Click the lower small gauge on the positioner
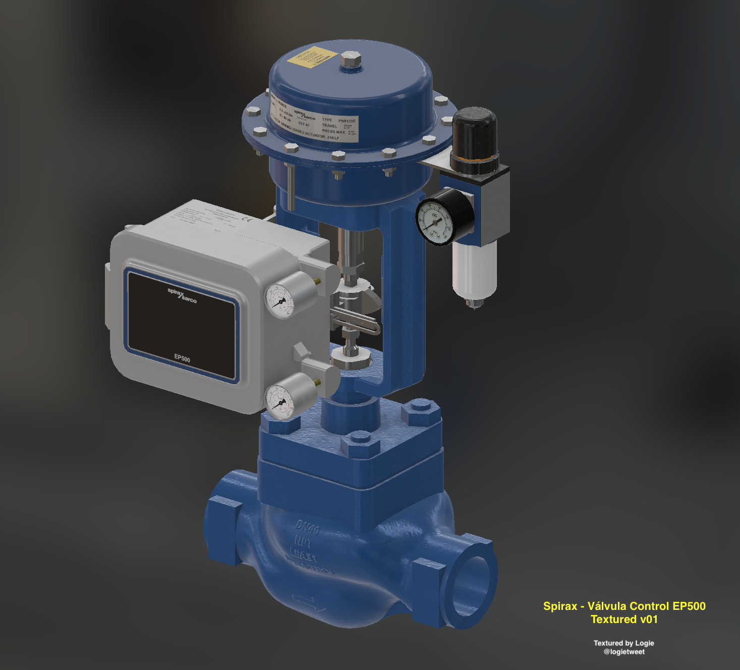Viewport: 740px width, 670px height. (x=280, y=402)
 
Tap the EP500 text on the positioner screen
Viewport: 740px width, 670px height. (x=182, y=358)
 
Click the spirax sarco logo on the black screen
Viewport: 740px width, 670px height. (x=182, y=295)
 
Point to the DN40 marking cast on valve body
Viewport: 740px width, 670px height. (x=307, y=528)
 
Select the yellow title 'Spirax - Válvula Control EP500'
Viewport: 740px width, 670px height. (x=624, y=606)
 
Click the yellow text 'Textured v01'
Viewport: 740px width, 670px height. (x=624, y=619)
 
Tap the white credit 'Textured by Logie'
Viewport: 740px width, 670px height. (x=623, y=643)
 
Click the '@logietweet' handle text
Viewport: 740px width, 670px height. (x=624, y=652)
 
